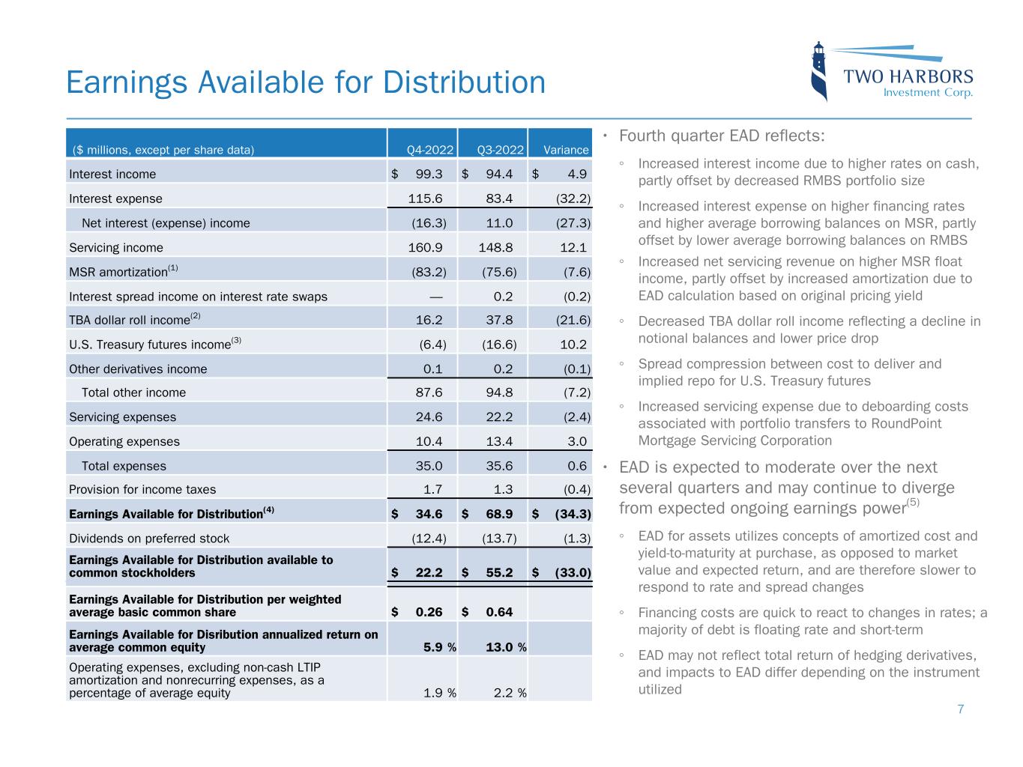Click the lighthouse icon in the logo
click(820, 72)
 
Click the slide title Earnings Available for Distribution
click(306, 82)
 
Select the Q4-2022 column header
click(429, 150)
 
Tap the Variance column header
click(566, 150)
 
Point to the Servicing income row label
click(116, 247)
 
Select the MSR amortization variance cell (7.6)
click(576, 272)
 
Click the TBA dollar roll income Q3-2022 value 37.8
click(499, 320)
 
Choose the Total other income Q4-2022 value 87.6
click(429, 392)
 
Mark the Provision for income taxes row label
click(142, 489)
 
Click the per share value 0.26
click(429, 612)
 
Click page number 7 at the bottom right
click(961, 709)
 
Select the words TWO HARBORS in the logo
click(908, 76)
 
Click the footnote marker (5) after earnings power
click(912, 503)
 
